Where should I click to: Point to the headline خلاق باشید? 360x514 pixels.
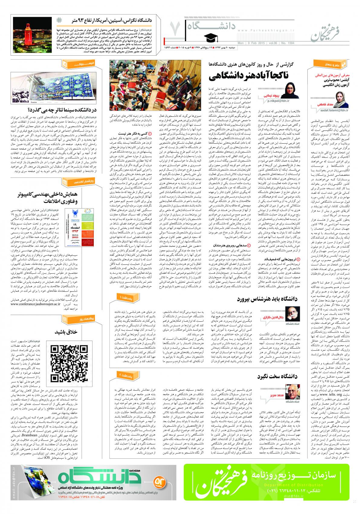[x=66, y=332]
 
